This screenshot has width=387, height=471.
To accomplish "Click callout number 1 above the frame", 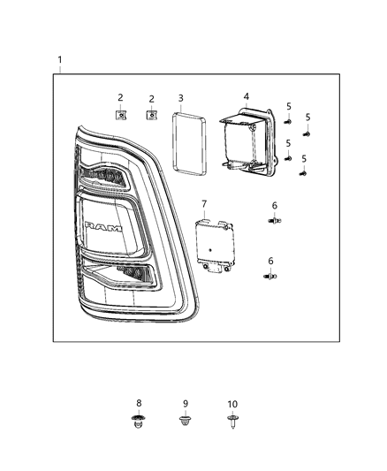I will coord(60,60).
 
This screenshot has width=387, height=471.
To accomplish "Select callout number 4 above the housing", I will coord(247,95).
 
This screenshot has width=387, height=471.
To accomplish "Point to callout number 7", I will coord(204,205).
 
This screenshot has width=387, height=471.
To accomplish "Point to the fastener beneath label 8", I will coord(137,420).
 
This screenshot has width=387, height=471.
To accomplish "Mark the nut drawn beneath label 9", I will coord(186,419).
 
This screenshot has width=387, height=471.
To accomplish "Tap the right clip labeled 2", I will coord(152,114).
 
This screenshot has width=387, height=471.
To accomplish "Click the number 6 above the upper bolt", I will coord(274,204).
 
